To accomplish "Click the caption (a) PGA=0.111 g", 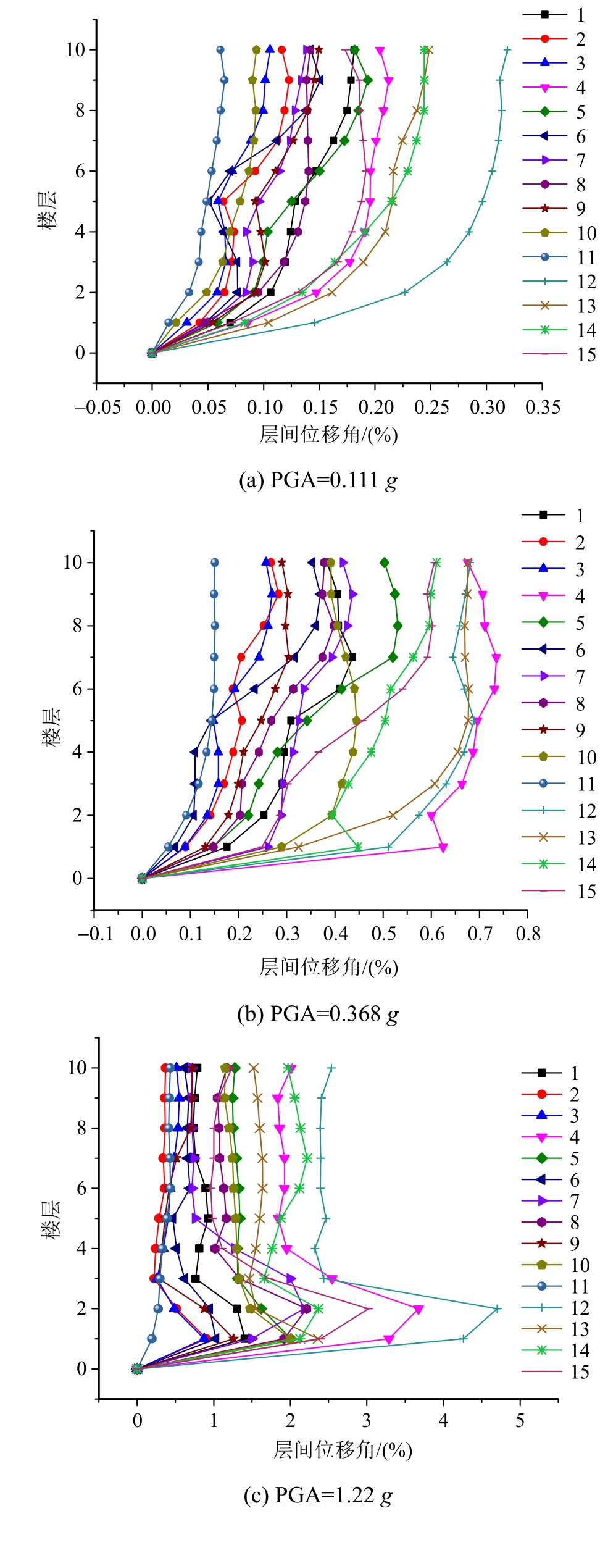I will [318, 480].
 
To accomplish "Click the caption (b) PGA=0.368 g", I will [318, 1014].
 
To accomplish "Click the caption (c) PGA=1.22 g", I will [318, 1494].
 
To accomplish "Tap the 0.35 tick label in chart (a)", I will [543, 408].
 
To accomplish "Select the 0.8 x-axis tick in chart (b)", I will [528, 933].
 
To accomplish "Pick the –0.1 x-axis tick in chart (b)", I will [96, 933].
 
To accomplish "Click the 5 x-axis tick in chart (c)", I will [520, 1420].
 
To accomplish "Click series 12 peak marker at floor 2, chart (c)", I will [498, 1308].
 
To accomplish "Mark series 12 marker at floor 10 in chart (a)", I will [507, 50].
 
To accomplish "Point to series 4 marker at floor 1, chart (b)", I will [443, 847].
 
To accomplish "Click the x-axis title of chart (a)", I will [328, 435].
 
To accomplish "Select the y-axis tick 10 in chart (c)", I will [78, 1068].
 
